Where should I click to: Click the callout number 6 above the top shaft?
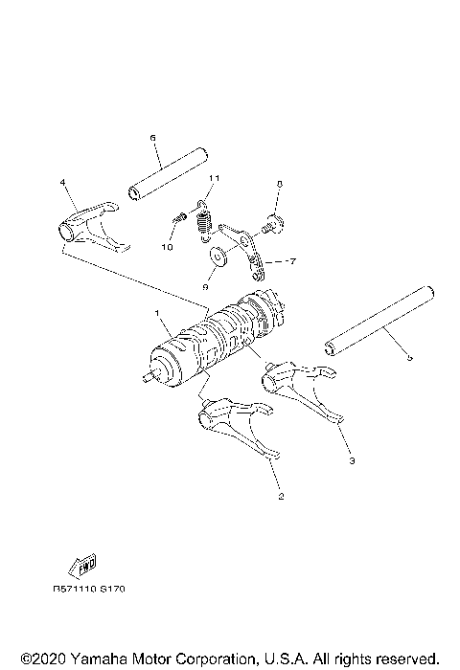pos(152,138)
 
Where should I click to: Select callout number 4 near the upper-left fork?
pos(62,182)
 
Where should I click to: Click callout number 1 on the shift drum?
pos(156,313)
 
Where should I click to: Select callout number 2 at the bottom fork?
pos(280,496)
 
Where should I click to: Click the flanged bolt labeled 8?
pos(271,226)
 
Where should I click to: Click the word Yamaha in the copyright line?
pos(90,659)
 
